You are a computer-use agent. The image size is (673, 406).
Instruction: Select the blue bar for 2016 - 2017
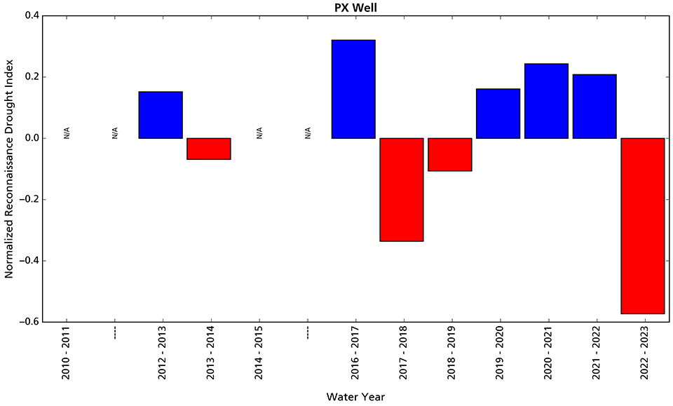pos(353,89)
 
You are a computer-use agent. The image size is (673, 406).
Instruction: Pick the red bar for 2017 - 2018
pos(402,189)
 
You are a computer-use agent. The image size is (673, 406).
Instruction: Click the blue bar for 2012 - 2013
pos(161,115)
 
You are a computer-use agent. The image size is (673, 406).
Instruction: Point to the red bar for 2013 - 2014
pos(209,149)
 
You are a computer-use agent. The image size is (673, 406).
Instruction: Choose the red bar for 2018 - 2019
pos(450,154)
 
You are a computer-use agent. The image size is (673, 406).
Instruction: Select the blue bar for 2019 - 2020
pos(498,114)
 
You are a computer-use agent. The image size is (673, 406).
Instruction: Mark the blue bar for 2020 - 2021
pos(546,101)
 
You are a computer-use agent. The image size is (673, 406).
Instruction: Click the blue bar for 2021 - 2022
pos(594,107)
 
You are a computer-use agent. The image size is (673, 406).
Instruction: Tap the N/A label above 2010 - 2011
pos(67,133)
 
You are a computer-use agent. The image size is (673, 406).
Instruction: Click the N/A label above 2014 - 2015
pos(259,133)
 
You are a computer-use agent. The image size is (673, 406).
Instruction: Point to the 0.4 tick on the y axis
pos(29,15)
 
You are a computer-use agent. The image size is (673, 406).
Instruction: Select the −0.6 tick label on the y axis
pos(27,322)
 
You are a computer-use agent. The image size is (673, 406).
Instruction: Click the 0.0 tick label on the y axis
pos(29,138)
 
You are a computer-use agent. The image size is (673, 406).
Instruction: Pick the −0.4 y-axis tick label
pos(27,261)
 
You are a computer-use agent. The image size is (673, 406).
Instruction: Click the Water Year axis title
pos(355,397)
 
